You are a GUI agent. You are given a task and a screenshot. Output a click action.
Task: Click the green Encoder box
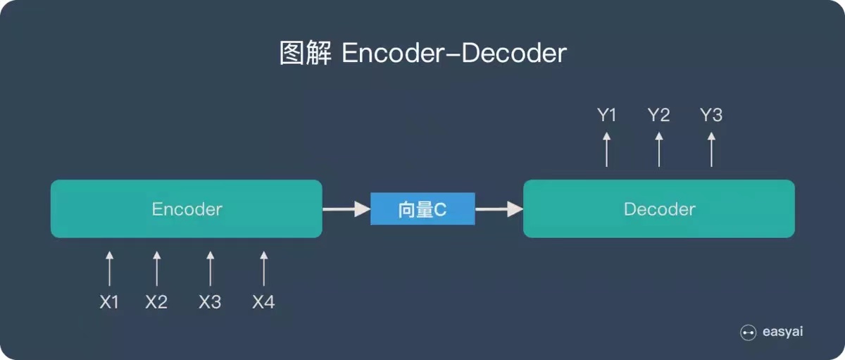click(x=187, y=209)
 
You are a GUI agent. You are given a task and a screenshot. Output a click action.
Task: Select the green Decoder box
click(x=658, y=209)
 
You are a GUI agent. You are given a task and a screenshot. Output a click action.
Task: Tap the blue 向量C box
click(x=423, y=209)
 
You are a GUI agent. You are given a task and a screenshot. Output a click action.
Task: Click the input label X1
click(x=109, y=302)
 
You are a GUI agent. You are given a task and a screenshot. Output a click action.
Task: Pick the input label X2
click(x=156, y=302)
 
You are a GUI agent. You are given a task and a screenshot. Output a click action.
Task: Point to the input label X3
click(x=210, y=302)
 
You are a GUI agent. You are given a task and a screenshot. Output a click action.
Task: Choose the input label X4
click(x=263, y=302)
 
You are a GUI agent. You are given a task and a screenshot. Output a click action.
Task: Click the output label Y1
click(x=607, y=116)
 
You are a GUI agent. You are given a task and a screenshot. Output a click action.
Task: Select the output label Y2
click(x=659, y=116)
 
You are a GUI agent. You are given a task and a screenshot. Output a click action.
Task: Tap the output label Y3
click(x=711, y=116)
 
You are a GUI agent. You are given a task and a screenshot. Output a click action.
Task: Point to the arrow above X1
click(x=109, y=268)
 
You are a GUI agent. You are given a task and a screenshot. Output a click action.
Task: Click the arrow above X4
click(x=263, y=268)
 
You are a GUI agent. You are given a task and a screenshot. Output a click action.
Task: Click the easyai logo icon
click(x=749, y=333)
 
